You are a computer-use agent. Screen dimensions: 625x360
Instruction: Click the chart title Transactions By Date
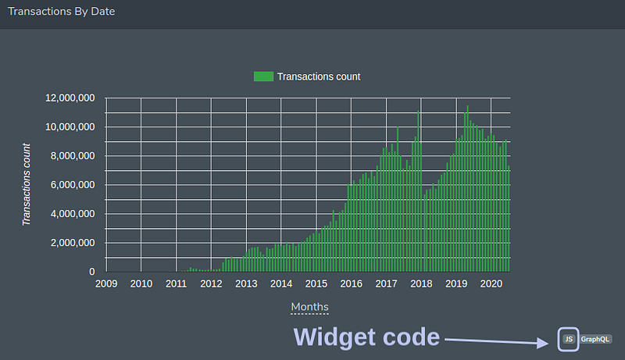pos(62,11)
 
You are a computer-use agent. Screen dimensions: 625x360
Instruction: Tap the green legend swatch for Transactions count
pos(263,77)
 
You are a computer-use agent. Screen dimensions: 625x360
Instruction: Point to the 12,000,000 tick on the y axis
pos(70,98)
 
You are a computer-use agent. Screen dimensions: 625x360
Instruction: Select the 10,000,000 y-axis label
pos(70,127)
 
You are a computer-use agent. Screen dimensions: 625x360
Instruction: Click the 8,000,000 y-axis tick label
pos(73,156)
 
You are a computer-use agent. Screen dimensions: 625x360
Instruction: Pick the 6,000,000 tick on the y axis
pos(73,185)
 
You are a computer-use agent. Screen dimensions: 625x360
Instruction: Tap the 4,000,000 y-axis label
pos(73,214)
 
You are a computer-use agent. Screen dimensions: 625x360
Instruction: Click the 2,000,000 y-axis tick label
pos(73,243)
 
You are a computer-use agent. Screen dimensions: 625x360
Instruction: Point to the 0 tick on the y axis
pos(92,272)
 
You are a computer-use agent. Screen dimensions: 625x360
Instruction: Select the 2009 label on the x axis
pos(106,283)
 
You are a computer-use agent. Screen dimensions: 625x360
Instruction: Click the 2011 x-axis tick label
pos(177,283)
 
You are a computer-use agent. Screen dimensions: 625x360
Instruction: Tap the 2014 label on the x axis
pos(281,283)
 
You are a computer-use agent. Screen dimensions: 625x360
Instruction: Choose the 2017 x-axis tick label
pos(386,283)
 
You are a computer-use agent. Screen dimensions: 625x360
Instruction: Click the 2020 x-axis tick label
pos(491,283)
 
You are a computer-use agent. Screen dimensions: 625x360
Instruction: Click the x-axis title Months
pos(309,307)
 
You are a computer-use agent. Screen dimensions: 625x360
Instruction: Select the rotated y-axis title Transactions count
pos(27,184)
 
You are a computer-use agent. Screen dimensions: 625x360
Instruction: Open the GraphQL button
pos(595,339)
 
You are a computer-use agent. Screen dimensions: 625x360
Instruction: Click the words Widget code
pos(366,337)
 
